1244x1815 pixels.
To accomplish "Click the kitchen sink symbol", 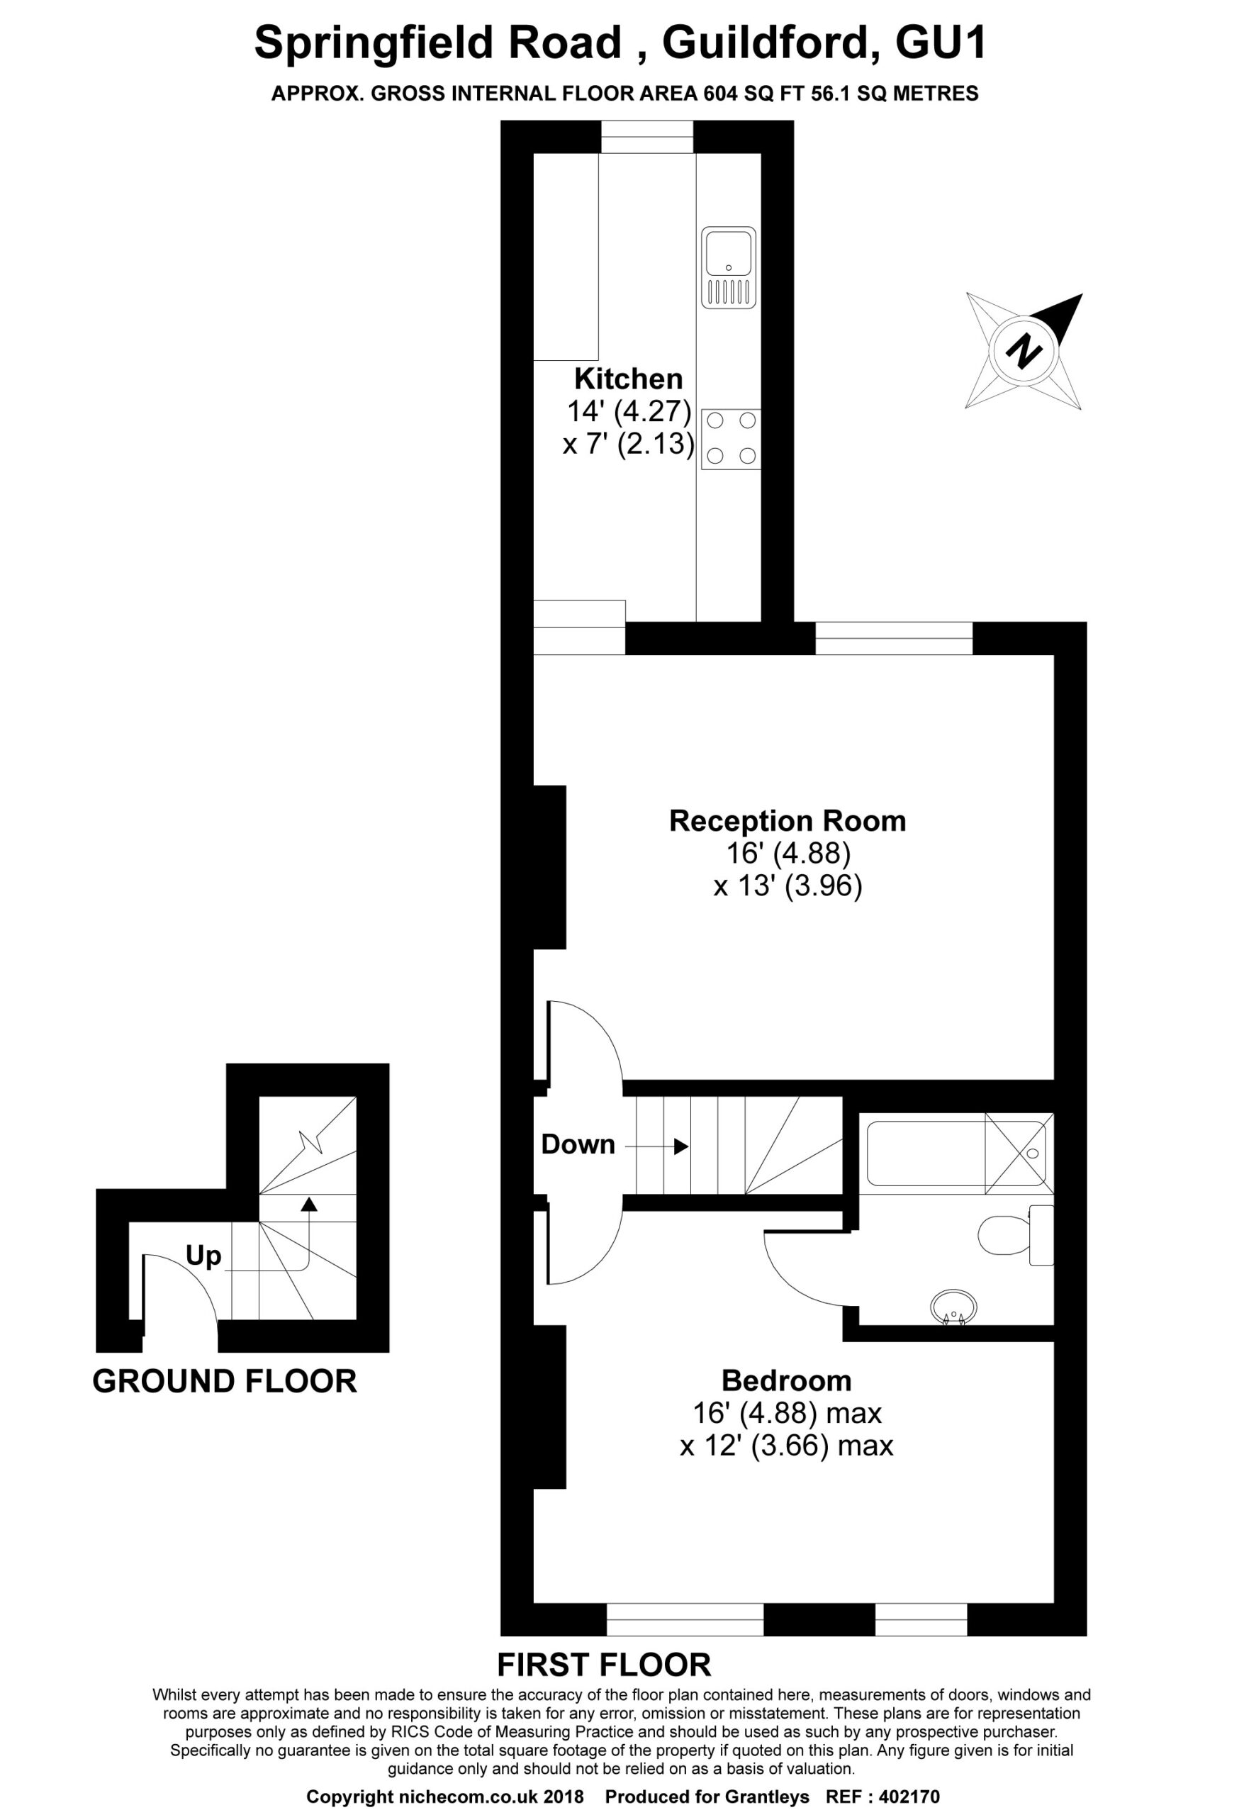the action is click(729, 267).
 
